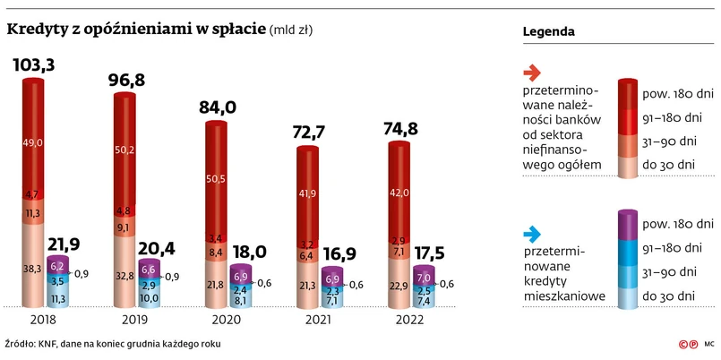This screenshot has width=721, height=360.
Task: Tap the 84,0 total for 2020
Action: coord(218,107)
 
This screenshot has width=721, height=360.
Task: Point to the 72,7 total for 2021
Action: coord(309,133)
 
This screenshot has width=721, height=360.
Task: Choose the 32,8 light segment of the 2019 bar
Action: coord(124,276)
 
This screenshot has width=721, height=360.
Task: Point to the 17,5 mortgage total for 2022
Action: coord(429,255)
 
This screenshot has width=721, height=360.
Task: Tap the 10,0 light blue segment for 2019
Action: coord(148,297)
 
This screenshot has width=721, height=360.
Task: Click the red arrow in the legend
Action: coord(529,73)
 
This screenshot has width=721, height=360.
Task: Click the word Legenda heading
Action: coord(548,33)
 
